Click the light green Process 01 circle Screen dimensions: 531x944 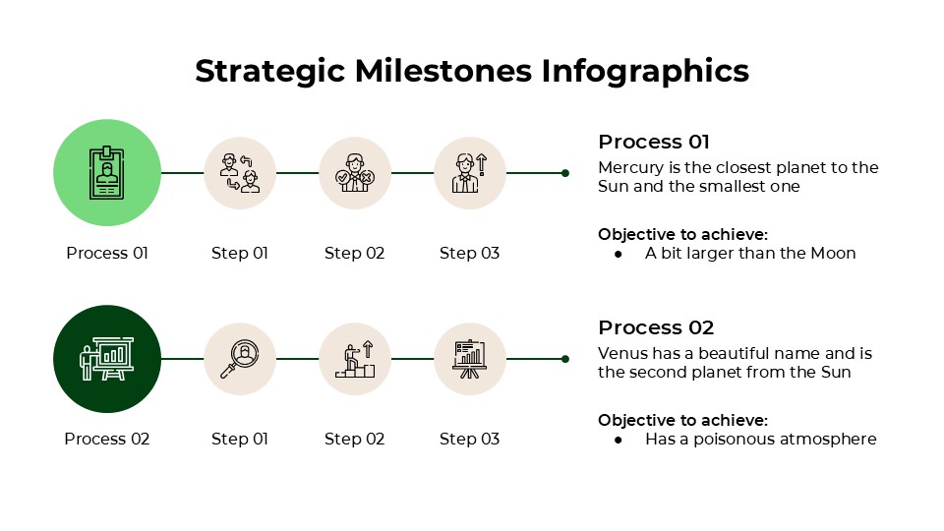107,173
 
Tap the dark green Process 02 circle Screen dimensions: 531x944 107,359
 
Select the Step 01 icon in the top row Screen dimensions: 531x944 240,173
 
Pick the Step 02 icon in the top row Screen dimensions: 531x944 355,173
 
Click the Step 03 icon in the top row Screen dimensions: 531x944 470,173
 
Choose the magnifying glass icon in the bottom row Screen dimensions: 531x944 240,359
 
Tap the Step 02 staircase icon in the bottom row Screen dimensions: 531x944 355,359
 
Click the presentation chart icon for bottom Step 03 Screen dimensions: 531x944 470,359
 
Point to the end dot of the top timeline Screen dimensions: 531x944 565,173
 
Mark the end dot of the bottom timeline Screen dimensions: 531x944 565,359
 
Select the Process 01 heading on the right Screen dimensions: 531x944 654,142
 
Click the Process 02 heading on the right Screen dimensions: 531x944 656,327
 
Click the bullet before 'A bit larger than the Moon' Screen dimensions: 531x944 619,254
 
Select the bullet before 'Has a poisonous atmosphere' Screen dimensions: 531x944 619,440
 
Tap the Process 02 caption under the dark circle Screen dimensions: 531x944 107,439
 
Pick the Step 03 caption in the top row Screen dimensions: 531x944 470,253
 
